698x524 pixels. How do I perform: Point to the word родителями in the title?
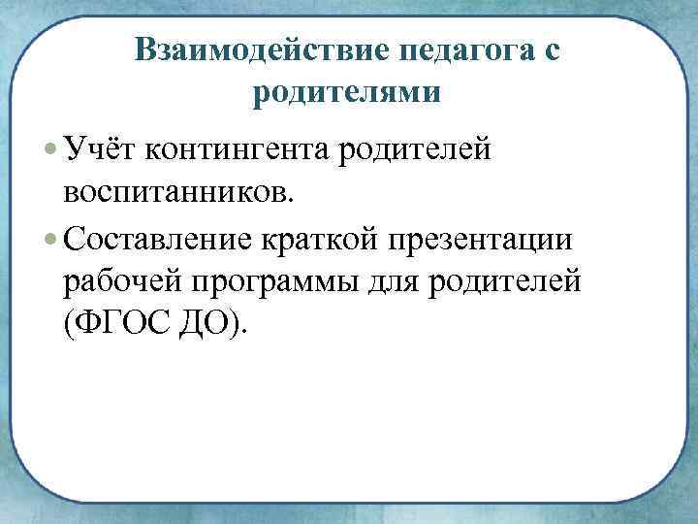[346, 93]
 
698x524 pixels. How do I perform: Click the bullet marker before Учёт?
[50, 150]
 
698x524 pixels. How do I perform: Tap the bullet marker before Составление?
[50, 238]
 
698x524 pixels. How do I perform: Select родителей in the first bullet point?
[418, 151]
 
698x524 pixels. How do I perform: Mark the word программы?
[280, 282]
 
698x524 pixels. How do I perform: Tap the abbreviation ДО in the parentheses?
[207, 324]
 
